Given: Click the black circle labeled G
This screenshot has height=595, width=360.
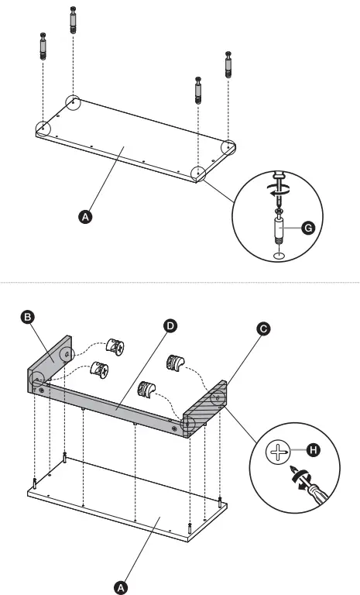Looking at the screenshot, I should [307, 228].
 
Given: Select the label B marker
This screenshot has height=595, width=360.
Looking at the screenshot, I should [28, 317].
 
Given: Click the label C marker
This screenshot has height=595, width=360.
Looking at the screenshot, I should [264, 328].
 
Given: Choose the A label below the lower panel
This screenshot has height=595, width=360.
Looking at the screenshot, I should [120, 588].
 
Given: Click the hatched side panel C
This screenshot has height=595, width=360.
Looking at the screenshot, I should [207, 407].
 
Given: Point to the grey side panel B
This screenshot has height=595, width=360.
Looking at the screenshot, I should [52, 360].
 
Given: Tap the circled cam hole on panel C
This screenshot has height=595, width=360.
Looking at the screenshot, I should [218, 396].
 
